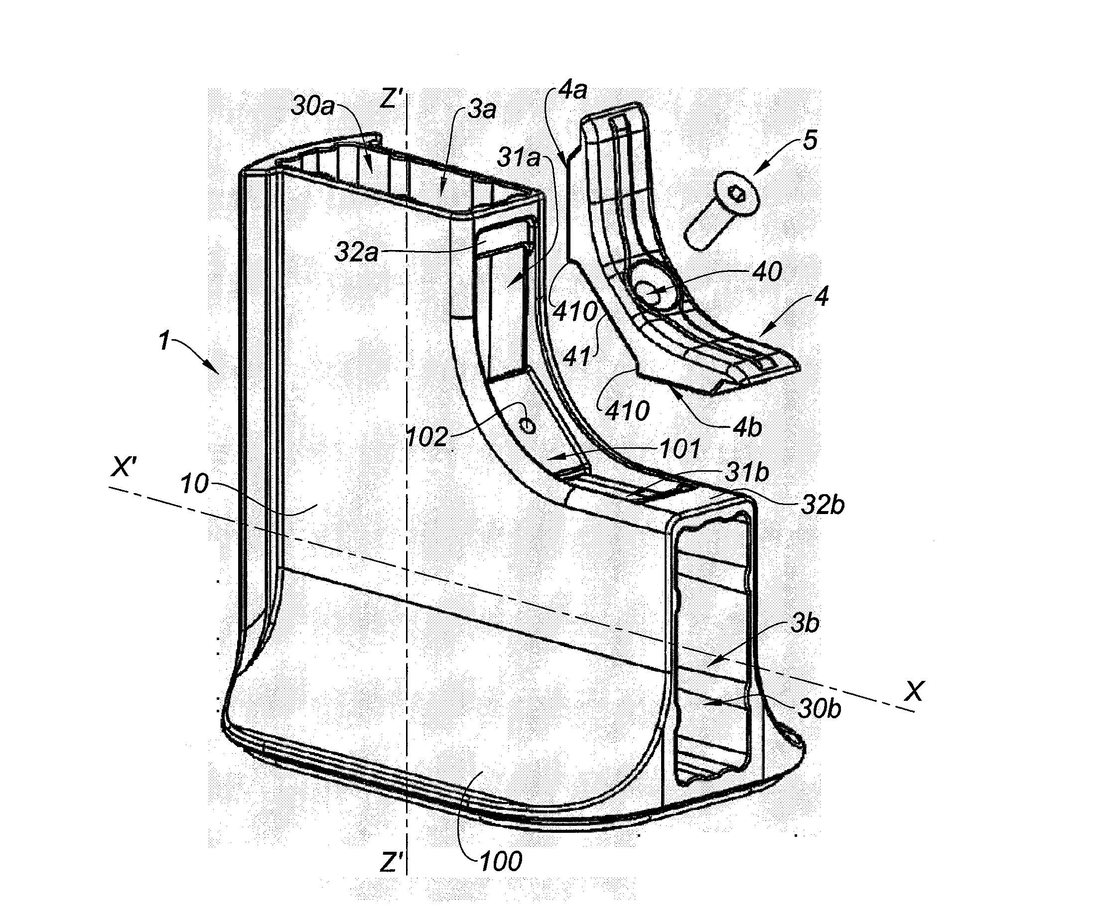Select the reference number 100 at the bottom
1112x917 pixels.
[x=501, y=862]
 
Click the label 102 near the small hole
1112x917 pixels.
[x=427, y=437]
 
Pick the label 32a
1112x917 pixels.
[x=357, y=252]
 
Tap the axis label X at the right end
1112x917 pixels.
[x=914, y=691]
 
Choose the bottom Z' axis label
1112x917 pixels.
[x=392, y=863]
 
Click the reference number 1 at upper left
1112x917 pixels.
[x=164, y=341]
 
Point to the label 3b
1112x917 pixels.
[x=805, y=624]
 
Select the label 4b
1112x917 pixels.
[x=747, y=427]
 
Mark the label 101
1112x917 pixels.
[x=680, y=449]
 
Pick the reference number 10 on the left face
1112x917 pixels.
[x=195, y=484]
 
